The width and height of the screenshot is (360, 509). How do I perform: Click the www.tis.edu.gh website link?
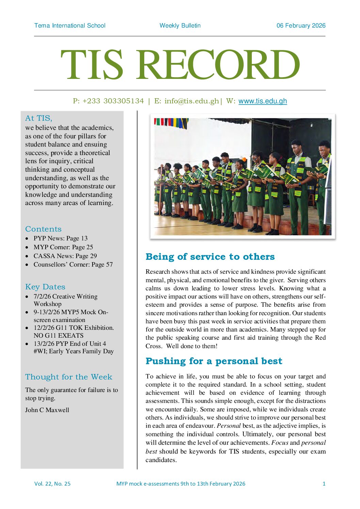pos(262,101)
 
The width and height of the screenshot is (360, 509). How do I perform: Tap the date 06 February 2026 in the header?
pos(301,26)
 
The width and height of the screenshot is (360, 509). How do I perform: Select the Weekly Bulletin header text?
pos(180,26)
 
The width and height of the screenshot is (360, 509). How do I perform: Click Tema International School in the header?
pos(70,26)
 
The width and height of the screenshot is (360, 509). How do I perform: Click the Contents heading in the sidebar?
pos(43,229)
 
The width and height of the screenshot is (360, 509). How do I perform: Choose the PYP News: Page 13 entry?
pos(60,238)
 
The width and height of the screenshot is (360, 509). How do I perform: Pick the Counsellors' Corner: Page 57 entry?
pos(73,265)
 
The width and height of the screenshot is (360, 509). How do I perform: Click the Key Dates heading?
pos(45,287)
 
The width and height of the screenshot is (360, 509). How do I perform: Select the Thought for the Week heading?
pos(68,377)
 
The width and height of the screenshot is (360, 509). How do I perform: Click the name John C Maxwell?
pos(47,410)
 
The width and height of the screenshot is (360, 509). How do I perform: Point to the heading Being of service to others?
pos(210,257)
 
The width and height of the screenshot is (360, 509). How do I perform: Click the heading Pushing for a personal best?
pos(214,361)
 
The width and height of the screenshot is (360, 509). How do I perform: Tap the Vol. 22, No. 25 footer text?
pos(52,483)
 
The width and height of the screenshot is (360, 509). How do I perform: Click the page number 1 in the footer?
pos(324,483)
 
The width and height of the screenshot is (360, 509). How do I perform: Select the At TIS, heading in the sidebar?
pos(38,118)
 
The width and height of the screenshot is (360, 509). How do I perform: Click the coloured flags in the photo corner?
pos(171,123)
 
